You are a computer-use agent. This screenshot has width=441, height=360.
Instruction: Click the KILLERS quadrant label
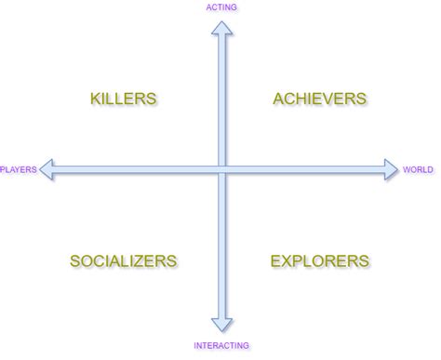point(123,99)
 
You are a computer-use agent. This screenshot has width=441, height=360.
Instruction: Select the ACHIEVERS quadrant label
point(320,99)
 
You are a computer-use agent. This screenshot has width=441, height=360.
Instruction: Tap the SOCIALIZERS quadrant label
point(123,261)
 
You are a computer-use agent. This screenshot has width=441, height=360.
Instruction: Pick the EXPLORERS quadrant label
point(320,261)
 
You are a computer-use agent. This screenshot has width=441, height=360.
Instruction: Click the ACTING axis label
point(220,7)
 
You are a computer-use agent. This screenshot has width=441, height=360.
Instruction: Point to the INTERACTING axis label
point(221,346)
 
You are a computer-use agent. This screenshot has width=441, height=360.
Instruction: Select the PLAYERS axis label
point(18,170)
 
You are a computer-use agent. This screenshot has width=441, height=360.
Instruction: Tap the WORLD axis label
point(418,170)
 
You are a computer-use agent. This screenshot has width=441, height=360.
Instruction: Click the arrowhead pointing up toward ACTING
point(221,28)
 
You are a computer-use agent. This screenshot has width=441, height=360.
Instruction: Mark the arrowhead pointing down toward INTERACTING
point(221,325)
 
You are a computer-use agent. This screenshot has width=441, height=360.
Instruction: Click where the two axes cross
point(221,170)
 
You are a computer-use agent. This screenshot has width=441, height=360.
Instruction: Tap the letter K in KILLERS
point(96,99)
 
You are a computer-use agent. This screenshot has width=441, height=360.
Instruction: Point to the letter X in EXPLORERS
point(288,261)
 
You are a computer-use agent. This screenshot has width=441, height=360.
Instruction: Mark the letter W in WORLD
point(407,170)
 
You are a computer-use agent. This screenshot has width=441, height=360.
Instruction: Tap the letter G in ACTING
point(234,7)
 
